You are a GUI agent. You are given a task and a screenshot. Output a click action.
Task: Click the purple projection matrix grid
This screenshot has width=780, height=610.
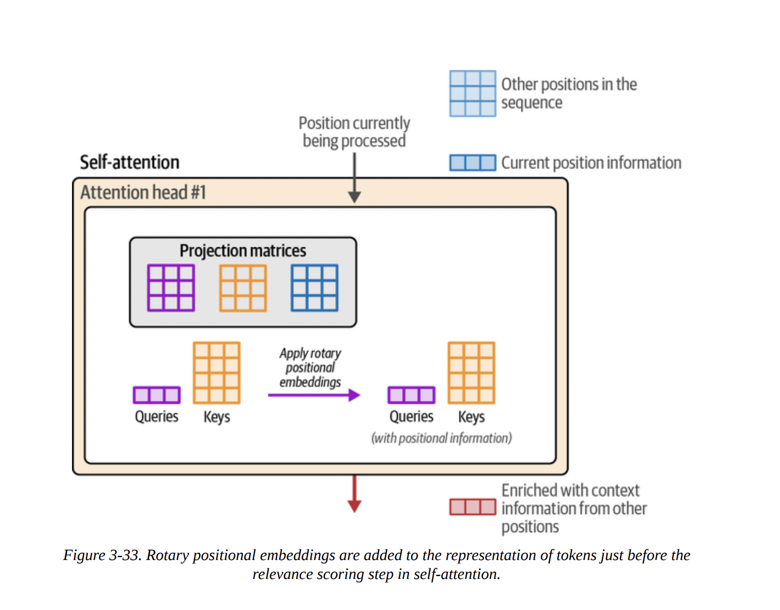pyautogui.click(x=171, y=288)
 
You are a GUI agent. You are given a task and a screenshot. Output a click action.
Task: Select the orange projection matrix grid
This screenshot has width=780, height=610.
pyautogui.click(x=243, y=288)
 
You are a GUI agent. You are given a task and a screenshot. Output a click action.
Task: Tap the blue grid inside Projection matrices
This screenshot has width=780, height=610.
pyautogui.click(x=314, y=288)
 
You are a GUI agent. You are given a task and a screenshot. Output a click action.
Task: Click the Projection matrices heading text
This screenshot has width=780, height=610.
pyautogui.click(x=243, y=251)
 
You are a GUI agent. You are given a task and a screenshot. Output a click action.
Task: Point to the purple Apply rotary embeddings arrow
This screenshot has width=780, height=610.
pyautogui.click(x=313, y=395)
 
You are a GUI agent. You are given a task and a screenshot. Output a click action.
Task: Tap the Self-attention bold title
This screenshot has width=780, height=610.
pyautogui.click(x=129, y=162)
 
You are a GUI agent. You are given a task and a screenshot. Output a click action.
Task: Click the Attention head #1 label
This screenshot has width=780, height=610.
pyautogui.click(x=143, y=192)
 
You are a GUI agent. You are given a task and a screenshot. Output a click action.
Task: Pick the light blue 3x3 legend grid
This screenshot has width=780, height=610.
pyautogui.click(x=473, y=93)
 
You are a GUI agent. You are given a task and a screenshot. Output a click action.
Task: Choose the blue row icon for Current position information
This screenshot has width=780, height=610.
pyautogui.click(x=473, y=162)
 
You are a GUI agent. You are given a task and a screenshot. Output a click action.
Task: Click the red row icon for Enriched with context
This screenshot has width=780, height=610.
pyautogui.click(x=473, y=507)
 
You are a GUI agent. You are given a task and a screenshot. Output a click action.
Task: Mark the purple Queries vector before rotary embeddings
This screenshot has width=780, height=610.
pyautogui.click(x=157, y=395)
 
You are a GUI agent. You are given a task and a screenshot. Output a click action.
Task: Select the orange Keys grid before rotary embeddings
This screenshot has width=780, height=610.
pyautogui.click(x=217, y=373)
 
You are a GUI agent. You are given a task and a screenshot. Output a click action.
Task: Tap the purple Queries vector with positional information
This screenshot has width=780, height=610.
pyautogui.click(x=412, y=395)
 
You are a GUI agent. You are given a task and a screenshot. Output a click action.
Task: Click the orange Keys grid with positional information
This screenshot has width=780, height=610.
pyautogui.click(x=471, y=373)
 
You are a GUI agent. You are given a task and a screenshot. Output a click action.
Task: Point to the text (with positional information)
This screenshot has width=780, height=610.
pyautogui.click(x=442, y=438)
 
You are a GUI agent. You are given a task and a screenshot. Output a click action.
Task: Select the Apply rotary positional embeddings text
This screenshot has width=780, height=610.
pyautogui.click(x=310, y=368)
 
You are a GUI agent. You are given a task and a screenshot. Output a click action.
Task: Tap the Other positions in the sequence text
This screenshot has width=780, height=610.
pyautogui.click(x=569, y=93)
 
